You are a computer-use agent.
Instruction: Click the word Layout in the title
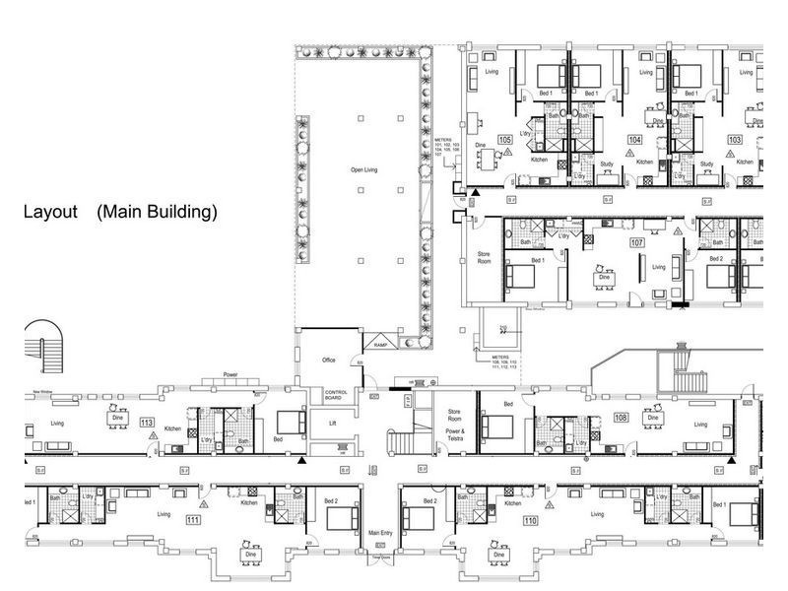point(50,212)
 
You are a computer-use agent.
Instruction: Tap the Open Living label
point(363,170)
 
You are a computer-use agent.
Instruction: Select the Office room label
point(329,360)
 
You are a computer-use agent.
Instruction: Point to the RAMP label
point(380,345)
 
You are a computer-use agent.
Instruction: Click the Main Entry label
point(380,533)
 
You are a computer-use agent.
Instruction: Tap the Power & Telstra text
point(455,434)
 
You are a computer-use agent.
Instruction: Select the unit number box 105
point(504,140)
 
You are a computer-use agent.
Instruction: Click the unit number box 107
point(636,241)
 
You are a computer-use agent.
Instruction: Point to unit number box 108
point(621,418)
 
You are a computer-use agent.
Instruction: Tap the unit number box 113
point(147,423)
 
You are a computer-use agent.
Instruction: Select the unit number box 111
point(193,520)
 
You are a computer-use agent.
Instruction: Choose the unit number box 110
point(531,520)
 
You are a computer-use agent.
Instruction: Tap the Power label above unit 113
point(231,375)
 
